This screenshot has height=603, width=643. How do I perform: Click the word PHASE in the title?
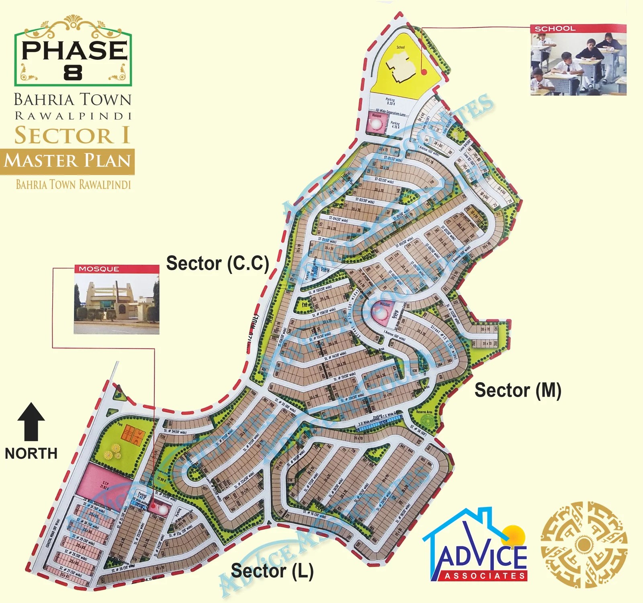coord(74,50)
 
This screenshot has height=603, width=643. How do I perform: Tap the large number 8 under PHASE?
coord(73,73)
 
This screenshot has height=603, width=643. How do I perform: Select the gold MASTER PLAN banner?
coord(68,161)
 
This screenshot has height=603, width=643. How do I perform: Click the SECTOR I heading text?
coord(72,135)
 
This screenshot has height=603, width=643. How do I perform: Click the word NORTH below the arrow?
coord(31,453)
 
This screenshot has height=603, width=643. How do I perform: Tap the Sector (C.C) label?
coord(217,263)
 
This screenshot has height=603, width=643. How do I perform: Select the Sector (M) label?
coord(518,390)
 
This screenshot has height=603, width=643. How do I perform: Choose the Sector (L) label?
coord(272,571)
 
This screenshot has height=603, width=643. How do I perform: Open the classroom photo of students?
coord(578,64)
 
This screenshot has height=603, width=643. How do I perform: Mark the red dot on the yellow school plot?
coord(424,72)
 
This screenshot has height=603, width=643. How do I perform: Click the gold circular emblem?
coord(584,544)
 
